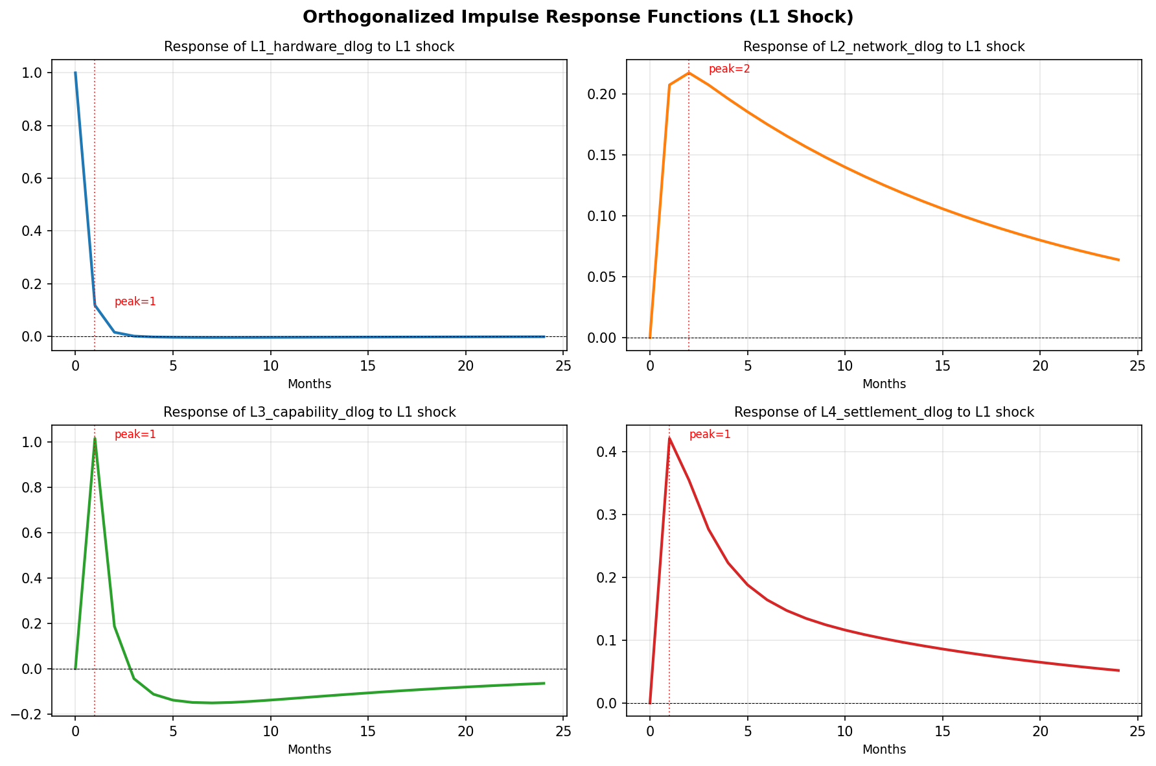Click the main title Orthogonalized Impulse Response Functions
[577, 17]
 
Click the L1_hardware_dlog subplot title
[309, 47]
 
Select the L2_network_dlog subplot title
[884, 47]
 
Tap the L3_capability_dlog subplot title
[309, 412]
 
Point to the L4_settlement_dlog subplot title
[884, 412]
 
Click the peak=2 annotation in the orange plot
[729, 69]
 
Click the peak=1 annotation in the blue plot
[135, 302]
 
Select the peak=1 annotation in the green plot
[135, 435]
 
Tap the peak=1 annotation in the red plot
[710, 435]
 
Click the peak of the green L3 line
[95, 439]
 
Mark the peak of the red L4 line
[669, 439]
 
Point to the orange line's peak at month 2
[689, 73]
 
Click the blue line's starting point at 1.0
[75, 73]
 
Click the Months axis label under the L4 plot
[884, 750]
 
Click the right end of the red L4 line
[1118, 670]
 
